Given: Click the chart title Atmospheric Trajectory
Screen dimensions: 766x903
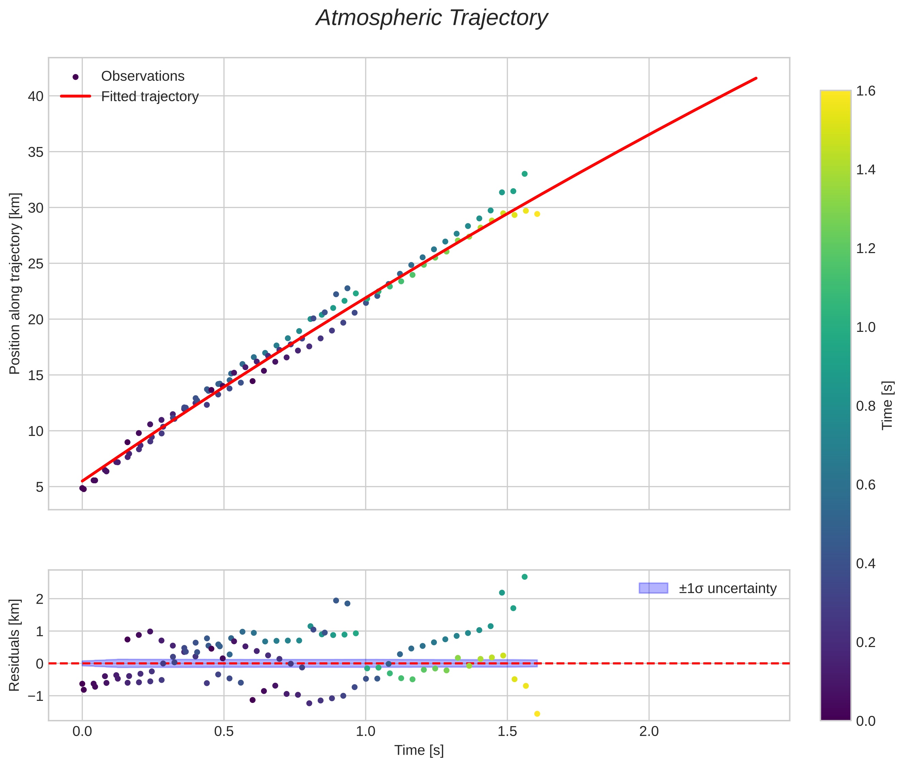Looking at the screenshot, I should [431, 18].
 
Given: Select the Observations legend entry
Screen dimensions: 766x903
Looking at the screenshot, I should [142, 76].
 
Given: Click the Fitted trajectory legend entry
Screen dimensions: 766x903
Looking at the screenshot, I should [149, 97].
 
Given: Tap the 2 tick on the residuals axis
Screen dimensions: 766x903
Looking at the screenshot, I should [40, 599].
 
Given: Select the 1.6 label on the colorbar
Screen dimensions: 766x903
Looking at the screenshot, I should [866, 91].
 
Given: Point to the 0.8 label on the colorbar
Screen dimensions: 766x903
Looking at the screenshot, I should [866, 406].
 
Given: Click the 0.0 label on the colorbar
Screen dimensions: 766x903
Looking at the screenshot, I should [866, 721].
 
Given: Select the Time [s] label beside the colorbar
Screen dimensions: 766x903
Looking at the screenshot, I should [887, 406].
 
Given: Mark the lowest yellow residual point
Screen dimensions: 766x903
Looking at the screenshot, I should [537, 714].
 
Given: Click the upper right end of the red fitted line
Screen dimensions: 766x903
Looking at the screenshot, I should [756, 78].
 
